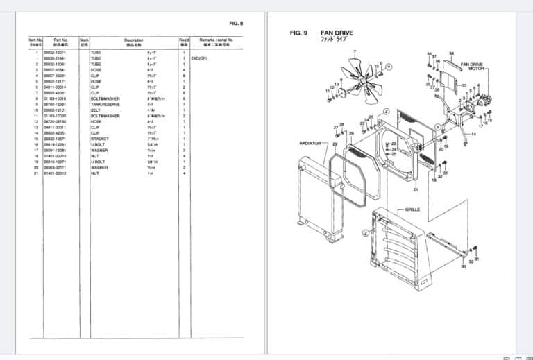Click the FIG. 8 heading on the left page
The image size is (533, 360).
coord(236,23)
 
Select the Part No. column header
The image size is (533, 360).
coord(60,40)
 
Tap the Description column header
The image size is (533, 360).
coord(133,40)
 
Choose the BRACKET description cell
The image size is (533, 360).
coord(99,139)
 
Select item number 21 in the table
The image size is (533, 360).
coord(35,173)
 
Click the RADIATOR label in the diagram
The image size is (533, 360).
coord(310,142)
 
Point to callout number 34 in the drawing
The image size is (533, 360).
coord(451,53)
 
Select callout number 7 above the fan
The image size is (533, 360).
coord(354,52)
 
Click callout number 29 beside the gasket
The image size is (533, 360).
coord(335,144)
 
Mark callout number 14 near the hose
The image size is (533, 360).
coord(473,133)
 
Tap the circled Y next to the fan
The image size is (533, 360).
coord(389,66)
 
